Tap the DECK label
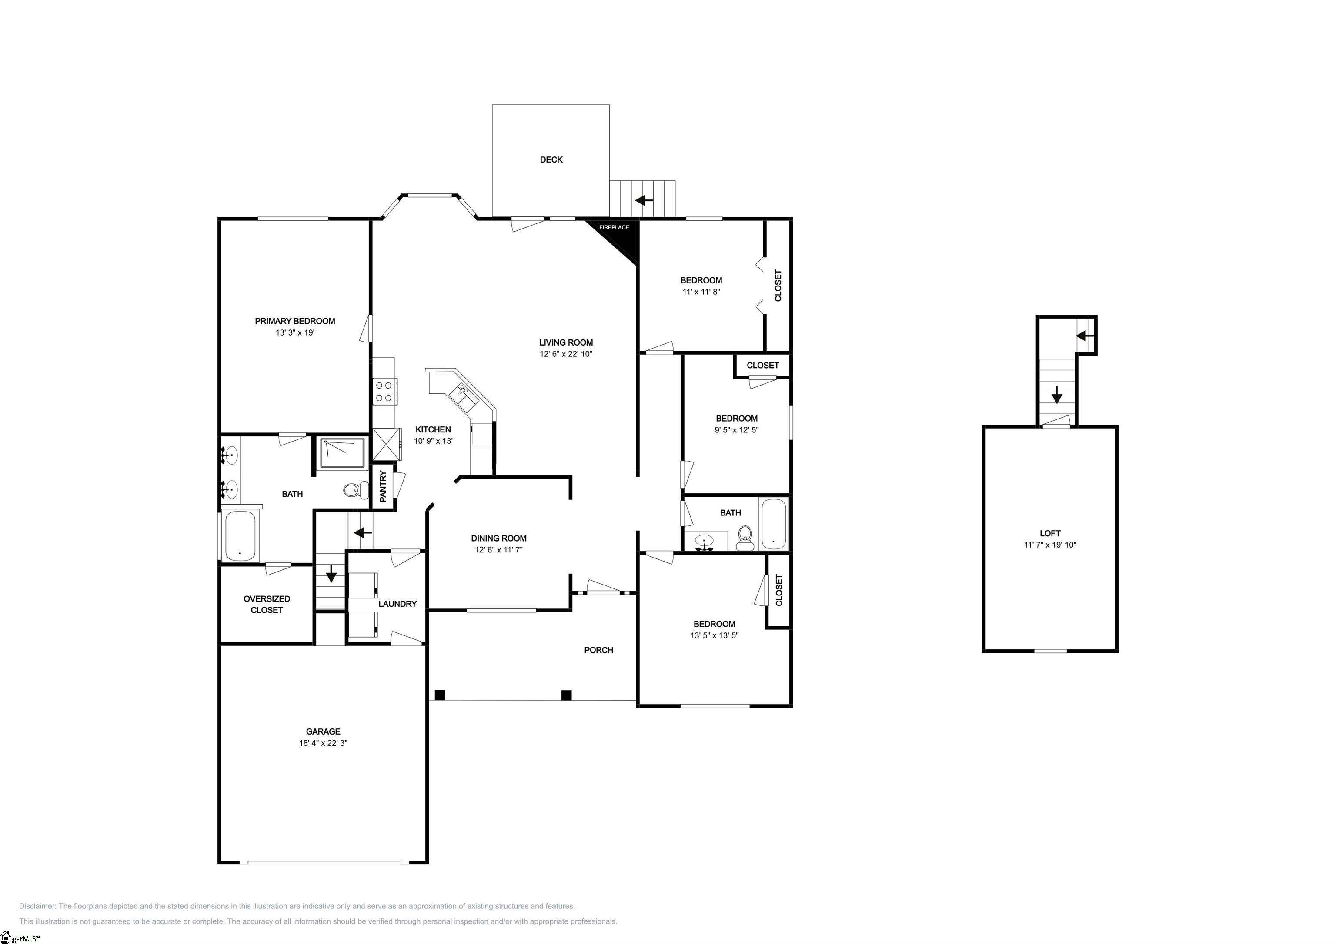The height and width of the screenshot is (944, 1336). click(551, 160)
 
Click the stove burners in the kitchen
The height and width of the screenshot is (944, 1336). click(384, 392)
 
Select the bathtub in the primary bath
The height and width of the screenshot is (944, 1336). click(240, 535)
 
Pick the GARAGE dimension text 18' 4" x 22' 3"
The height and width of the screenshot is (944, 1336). click(323, 743)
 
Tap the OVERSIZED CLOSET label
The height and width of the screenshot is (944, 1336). click(267, 604)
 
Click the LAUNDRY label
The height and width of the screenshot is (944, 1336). click(397, 604)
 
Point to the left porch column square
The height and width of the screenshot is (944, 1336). click(440, 695)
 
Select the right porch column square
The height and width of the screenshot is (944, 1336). click(566, 695)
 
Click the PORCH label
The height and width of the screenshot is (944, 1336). click(599, 650)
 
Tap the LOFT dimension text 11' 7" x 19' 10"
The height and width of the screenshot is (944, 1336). click(1050, 545)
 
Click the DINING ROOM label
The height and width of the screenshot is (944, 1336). click(499, 538)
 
